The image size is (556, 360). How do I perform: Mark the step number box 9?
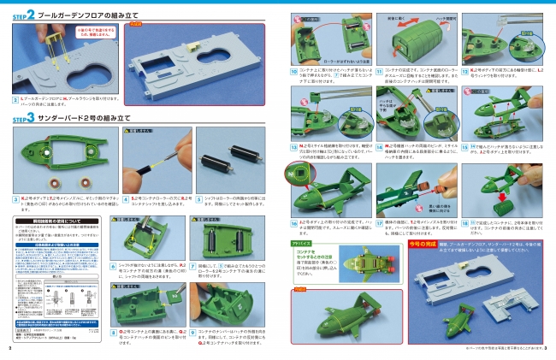[x=198, y=331]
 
